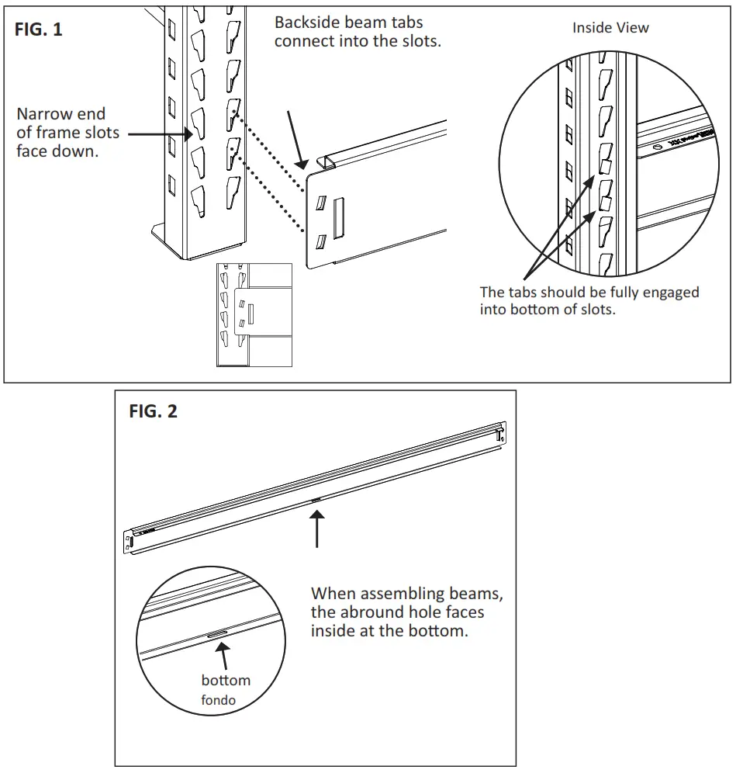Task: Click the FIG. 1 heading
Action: coord(39,30)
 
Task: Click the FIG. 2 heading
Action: coord(153,411)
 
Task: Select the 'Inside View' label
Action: coord(610,28)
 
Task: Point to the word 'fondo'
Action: coord(218,700)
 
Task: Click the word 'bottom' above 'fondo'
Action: coord(226,680)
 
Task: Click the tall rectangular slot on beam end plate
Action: coord(338,217)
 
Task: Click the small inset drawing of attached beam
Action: coord(254,314)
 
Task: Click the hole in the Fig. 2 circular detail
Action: coord(216,634)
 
